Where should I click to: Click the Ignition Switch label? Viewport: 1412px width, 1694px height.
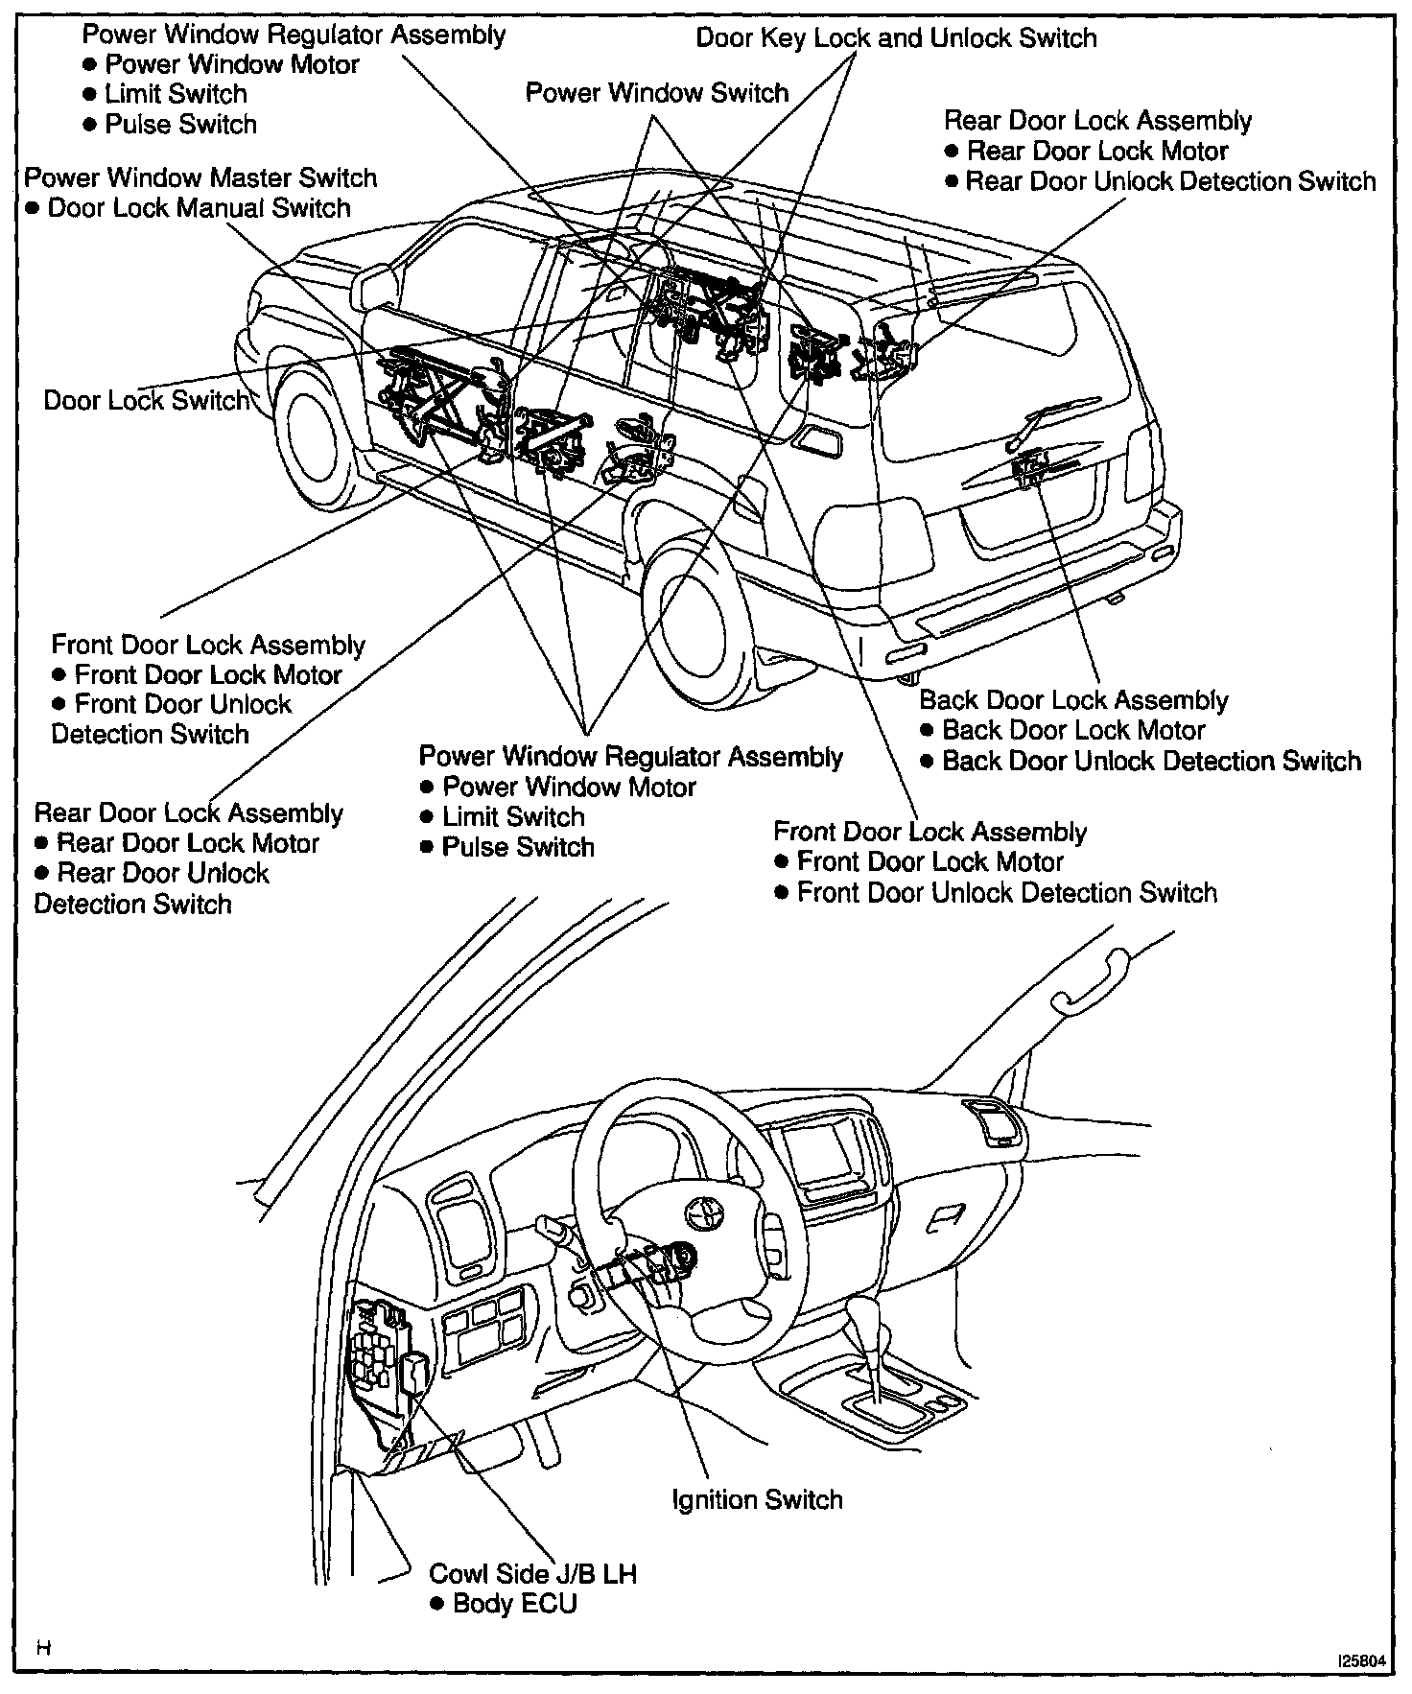click(757, 1499)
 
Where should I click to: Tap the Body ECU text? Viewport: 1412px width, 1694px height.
click(515, 1603)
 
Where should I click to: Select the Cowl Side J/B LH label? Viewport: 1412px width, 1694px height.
click(532, 1573)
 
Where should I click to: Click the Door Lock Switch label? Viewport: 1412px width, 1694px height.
click(146, 400)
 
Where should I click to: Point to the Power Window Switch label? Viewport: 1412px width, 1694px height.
click(657, 93)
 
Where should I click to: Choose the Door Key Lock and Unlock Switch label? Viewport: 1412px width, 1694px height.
click(896, 38)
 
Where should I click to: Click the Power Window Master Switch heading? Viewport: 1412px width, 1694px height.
click(200, 177)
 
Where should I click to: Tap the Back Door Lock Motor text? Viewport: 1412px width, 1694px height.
click(1073, 730)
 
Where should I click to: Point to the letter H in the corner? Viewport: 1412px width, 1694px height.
click(43, 1649)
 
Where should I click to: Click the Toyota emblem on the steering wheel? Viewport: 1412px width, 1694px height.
click(702, 1213)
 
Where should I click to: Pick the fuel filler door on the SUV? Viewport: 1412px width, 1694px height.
click(819, 441)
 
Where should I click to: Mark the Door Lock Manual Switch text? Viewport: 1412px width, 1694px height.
click(199, 208)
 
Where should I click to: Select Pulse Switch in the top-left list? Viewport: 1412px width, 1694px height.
click(180, 125)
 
